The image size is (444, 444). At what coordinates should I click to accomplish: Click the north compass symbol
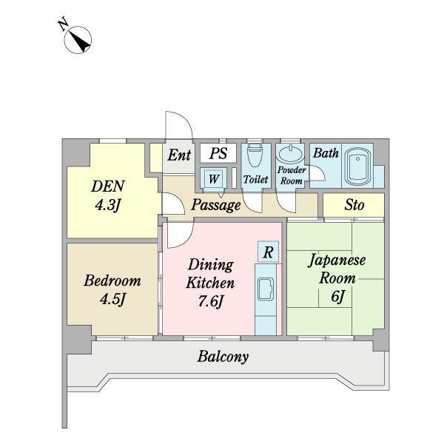coord(78,40)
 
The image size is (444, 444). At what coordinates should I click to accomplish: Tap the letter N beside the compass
coord(63,24)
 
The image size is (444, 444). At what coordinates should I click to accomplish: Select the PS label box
coord(218,153)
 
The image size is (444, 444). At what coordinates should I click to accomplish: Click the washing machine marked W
coord(214,178)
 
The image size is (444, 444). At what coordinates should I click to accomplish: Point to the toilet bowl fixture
coord(256,155)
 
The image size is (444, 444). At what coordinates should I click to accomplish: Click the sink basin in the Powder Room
coord(291,154)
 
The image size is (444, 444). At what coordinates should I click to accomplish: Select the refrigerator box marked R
coord(268,252)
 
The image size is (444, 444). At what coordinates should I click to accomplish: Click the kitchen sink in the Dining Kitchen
coord(266,289)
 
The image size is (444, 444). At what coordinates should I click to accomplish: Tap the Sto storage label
coord(354,205)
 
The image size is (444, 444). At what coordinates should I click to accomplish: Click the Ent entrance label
coord(179,155)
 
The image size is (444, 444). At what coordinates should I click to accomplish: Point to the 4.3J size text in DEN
coord(108,205)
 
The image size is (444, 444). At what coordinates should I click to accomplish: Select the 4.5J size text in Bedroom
coord(112,299)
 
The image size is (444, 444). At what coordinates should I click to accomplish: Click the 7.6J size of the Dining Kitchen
coord(211,301)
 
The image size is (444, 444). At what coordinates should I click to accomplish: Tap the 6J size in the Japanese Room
coord(337,297)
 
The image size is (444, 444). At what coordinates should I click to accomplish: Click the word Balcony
coord(223,357)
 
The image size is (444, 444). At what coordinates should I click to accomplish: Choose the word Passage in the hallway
coord(216,205)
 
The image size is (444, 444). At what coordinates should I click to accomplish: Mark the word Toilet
coord(256,179)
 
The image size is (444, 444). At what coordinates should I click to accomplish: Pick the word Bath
coord(326,153)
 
